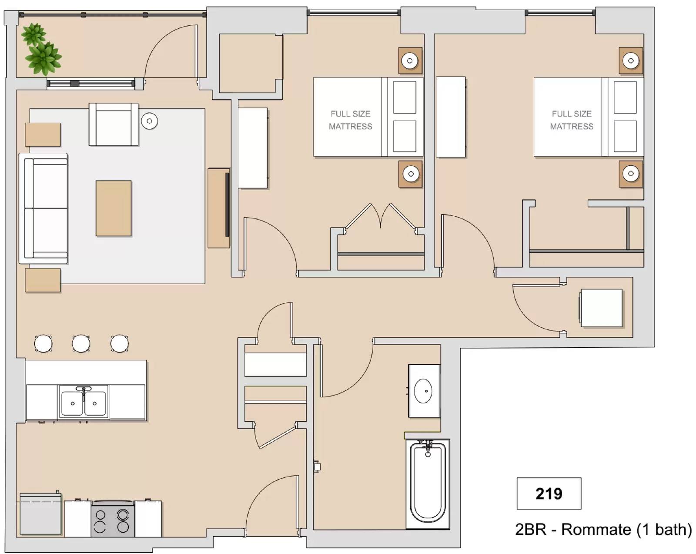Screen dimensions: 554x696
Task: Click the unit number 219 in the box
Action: (x=549, y=494)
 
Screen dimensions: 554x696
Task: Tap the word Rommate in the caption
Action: (x=596, y=530)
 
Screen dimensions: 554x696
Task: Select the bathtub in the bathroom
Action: (x=428, y=483)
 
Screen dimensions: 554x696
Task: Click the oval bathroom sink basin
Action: (x=423, y=391)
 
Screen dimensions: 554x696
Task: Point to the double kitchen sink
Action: (x=84, y=401)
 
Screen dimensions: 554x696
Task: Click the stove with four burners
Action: (x=112, y=520)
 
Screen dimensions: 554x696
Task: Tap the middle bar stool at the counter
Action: (x=81, y=343)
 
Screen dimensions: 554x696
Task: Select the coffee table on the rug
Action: (x=114, y=208)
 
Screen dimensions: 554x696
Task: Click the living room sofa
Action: (x=43, y=208)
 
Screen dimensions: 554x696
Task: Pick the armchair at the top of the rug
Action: (x=114, y=124)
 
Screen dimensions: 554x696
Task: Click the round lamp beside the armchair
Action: (x=149, y=121)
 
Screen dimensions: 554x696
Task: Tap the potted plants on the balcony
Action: (x=40, y=49)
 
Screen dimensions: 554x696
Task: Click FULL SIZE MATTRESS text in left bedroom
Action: (x=350, y=120)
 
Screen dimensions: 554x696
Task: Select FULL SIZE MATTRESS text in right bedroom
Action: (x=571, y=120)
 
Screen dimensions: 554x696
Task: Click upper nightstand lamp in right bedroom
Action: (x=631, y=60)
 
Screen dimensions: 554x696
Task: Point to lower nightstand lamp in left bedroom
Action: (x=410, y=174)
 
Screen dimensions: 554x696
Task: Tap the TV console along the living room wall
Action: (x=218, y=208)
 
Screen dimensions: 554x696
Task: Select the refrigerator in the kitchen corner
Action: (x=40, y=514)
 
